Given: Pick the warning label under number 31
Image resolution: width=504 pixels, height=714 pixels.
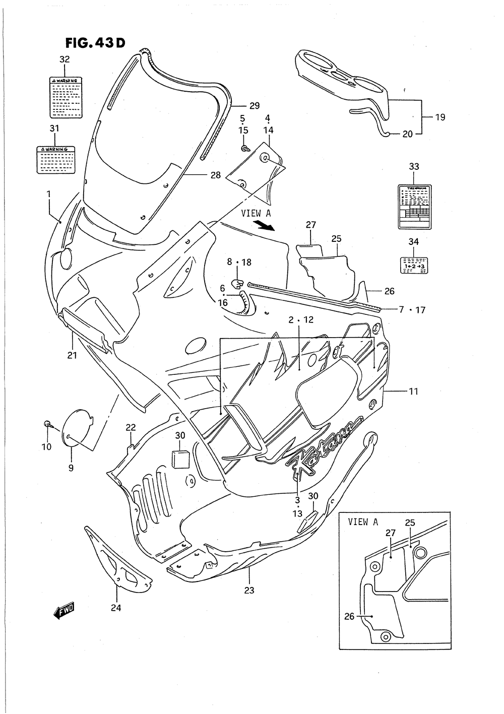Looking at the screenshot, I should click(55, 159).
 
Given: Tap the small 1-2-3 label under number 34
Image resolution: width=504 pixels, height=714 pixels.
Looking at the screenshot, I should click(413, 264).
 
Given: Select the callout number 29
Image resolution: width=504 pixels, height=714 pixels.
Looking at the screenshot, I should click(254, 106).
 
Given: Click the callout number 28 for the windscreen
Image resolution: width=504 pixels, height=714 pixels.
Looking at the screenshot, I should click(216, 175).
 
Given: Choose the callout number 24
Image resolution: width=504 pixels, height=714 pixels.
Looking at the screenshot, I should click(116, 608).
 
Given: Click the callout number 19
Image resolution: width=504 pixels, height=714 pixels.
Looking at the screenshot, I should click(439, 117).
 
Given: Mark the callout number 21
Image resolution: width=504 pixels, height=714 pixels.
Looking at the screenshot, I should click(72, 356).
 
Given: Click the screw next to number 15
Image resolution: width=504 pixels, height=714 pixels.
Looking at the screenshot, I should click(245, 149).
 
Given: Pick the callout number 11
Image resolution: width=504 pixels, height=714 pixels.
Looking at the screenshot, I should click(413, 391).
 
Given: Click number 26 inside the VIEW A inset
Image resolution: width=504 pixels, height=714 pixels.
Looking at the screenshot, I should click(350, 616).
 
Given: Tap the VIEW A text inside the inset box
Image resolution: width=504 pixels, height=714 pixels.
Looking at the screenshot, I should click(362, 522).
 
